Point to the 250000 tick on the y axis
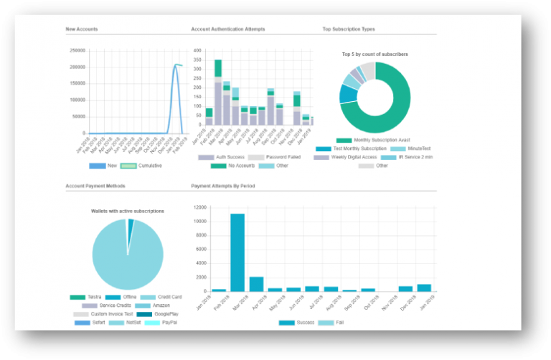pos(77,50)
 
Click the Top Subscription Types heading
pos(349,29)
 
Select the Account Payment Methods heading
pos(95,186)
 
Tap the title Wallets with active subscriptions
pos(128,211)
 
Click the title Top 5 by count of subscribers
pos(375,54)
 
